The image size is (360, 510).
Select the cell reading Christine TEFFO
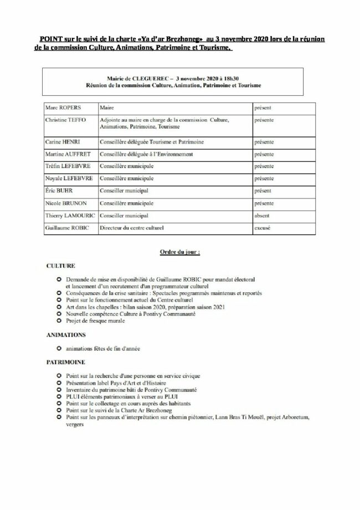coord(65,120)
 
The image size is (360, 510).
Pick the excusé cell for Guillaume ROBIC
coord(263,228)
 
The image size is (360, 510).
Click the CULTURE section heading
coord(60,266)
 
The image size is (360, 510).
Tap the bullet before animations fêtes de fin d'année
coord(59,349)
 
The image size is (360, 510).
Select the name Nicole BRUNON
coord(65,203)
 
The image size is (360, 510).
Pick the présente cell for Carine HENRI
coord(264,142)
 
